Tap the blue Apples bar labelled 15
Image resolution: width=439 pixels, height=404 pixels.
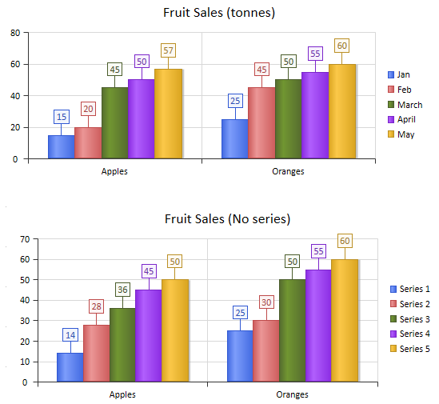61,146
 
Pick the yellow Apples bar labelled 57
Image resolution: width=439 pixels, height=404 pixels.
168,114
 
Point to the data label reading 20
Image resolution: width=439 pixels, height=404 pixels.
88,109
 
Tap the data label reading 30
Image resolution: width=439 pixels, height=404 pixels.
266,302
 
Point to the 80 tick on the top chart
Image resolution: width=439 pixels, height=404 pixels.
14,33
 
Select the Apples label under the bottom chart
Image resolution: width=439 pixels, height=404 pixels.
122,394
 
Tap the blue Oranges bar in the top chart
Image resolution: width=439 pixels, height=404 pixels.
234,139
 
